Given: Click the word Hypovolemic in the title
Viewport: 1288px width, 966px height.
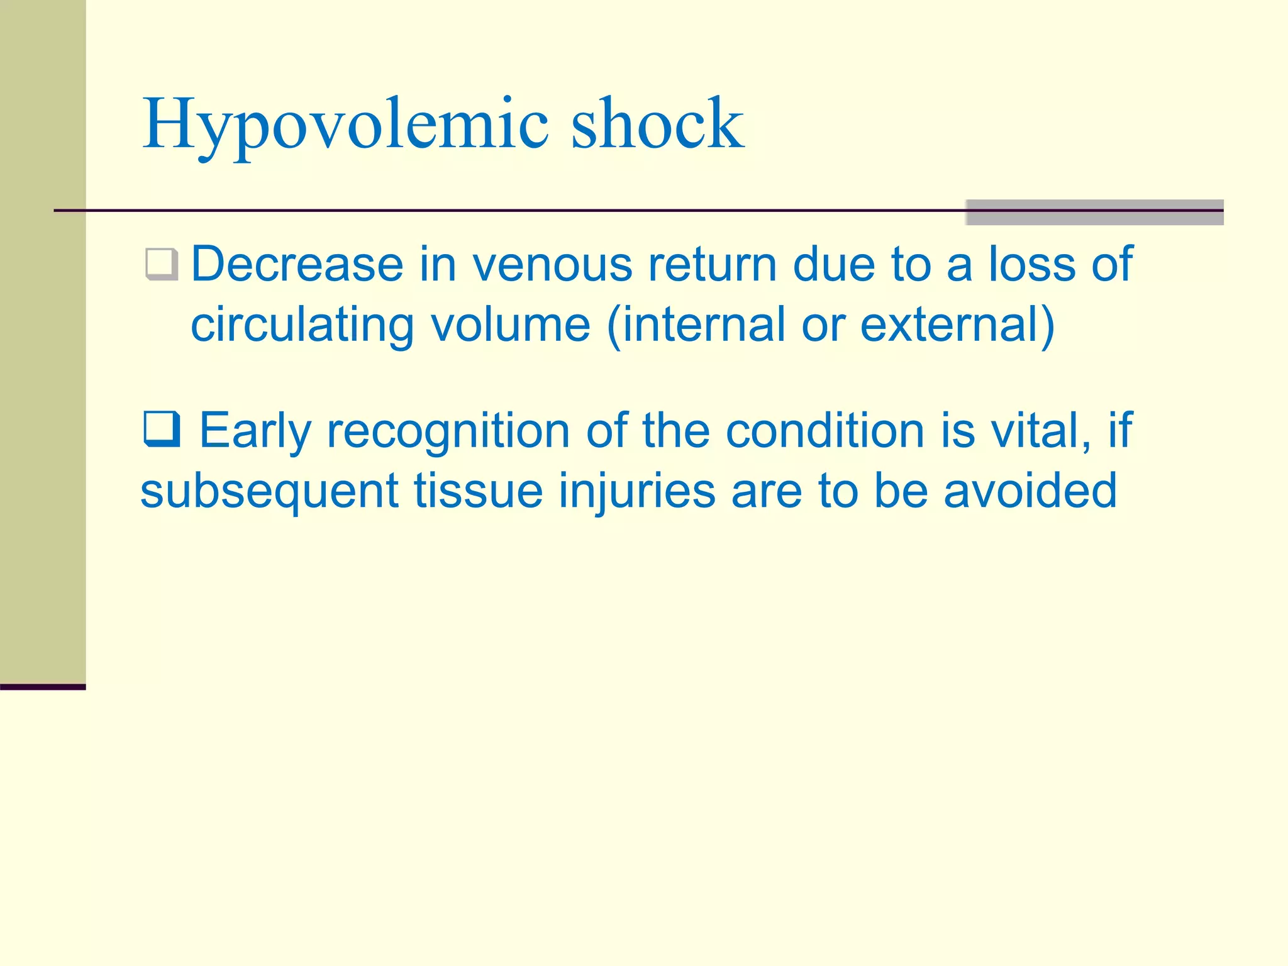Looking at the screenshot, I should pyautogui.click(x=345, y=124).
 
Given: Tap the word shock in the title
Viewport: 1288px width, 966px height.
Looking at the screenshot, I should pyautogui.click(x=657, y=124).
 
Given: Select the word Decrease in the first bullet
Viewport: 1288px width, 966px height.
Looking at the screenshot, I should pyautogui.click(x=297, y=264).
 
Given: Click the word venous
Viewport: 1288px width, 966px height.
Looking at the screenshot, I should pyautogui.click(x=552, y=265).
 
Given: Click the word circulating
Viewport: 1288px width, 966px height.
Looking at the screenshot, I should pyautogui.click(x=302, y=325).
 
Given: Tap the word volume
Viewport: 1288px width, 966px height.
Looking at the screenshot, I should pyautogui.click(x=510, y=324).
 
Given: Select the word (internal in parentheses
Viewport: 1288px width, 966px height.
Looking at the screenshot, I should pyautogui.click(x=696, y=325).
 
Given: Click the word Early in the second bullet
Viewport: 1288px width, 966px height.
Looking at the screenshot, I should pyautogui.click(x=255, y=431).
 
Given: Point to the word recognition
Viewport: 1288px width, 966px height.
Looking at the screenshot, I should pyautogui.click(x=448, y=431).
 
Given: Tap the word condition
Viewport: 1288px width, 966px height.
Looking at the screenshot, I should pyautogui.click(x=824, y=430).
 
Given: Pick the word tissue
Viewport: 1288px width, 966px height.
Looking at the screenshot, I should pyautogui.click(x=478, y=491).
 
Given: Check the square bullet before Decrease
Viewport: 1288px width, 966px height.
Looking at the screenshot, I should pyautogui.click(x=162, y=265).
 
